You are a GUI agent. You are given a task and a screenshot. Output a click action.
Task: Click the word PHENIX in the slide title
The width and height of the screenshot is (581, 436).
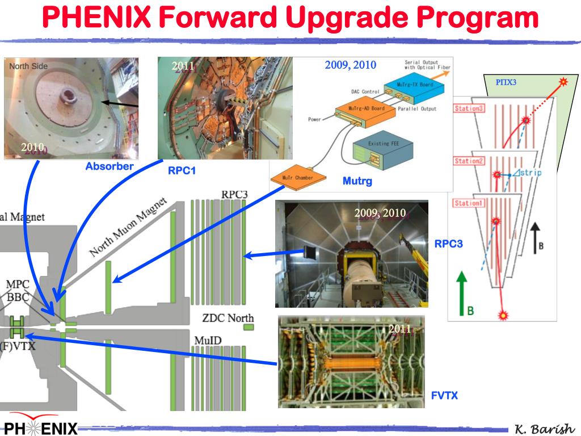[x=96, y=18]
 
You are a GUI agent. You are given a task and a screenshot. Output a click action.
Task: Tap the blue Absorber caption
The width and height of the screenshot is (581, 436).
[x=110, y=166]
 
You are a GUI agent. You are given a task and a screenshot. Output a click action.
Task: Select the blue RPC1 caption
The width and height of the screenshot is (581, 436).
[x=182, y=170]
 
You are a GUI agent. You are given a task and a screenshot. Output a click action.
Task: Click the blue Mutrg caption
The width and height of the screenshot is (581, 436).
[x=356, y=181]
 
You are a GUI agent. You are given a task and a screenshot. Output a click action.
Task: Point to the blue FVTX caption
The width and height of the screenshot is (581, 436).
[x=444, y=396]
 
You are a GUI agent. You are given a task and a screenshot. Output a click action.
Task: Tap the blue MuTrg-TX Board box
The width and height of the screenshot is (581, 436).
[x=415, y=86]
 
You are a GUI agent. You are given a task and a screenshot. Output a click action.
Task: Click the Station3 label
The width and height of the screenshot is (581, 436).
[x=469, y=107]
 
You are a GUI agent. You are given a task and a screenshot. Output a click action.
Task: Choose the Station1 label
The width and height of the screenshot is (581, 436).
[x=469, y=203]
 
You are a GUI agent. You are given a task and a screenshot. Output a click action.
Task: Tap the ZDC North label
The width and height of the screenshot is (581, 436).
[x=228, y=318]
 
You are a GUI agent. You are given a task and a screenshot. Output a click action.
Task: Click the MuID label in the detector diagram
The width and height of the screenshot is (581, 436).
[x=208, y=340]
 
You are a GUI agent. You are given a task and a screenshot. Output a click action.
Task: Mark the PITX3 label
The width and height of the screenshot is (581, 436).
[x=506, y=82]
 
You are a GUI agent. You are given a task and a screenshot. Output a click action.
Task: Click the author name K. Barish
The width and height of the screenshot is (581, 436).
[x=544, y=428]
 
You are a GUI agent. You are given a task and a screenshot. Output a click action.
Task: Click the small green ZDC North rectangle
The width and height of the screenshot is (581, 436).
[x=248, y=328]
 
